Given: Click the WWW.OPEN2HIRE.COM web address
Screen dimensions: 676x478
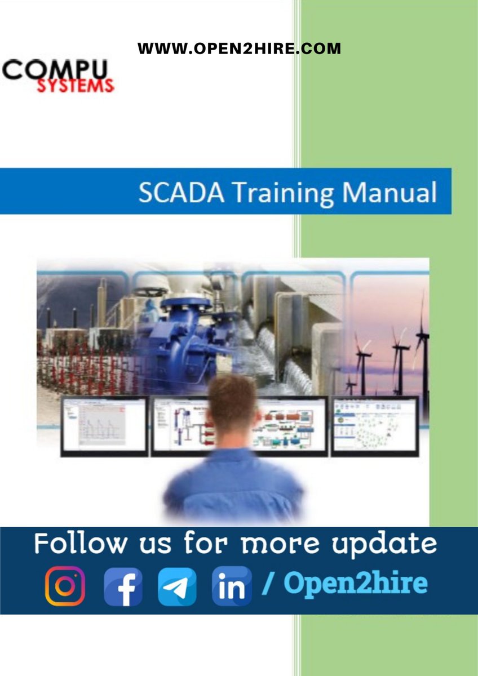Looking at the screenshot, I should tap(239, 48).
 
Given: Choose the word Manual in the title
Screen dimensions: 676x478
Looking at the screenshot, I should tap(390, 192).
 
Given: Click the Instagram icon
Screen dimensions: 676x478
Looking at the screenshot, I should tap(65, 586).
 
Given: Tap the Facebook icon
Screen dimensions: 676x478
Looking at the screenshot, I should tap(122, 586).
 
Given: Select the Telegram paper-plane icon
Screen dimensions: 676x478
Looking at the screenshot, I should tap(177, 586).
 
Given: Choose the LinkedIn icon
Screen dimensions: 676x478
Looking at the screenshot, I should tap(232, 586).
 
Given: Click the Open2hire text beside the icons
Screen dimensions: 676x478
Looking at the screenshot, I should tap(355, 584).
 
